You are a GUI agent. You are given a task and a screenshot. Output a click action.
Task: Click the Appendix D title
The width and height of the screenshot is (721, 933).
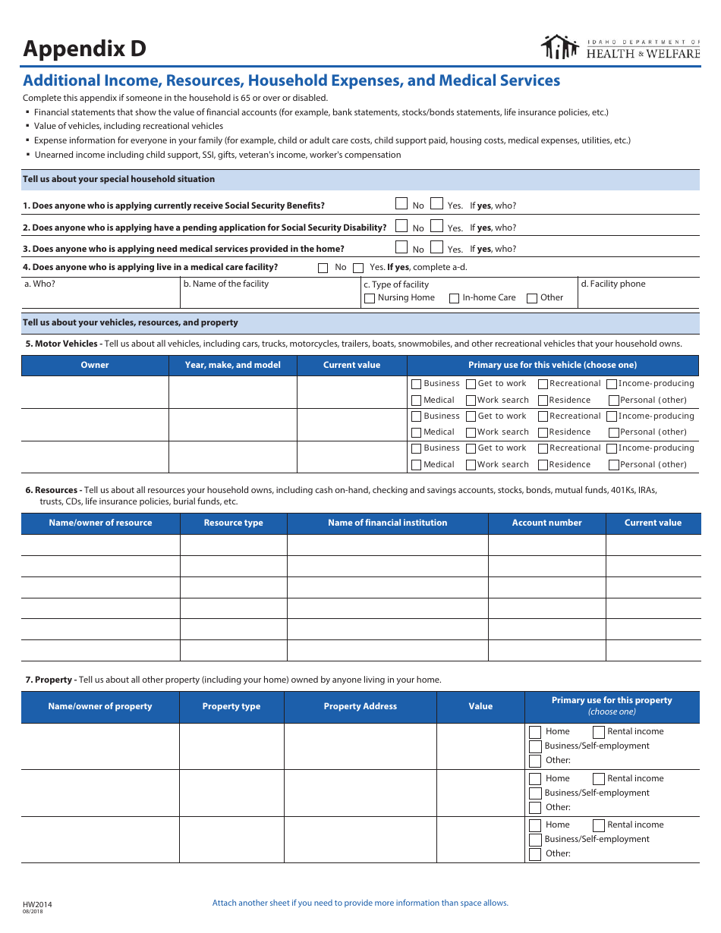point(84,49)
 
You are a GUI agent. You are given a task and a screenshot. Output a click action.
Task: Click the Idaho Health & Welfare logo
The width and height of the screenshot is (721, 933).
point(620,48)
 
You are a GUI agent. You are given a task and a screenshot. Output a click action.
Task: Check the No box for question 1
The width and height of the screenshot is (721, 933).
point(401,203)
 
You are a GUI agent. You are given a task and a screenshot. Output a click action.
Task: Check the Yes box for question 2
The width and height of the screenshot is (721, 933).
point(436,225)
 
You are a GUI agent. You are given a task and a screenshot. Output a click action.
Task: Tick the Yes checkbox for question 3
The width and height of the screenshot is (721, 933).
point(436,247)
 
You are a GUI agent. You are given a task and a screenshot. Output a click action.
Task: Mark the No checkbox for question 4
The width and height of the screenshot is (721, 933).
point(323,268)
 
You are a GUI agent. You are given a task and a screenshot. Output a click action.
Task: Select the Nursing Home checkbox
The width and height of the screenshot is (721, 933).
point(370,298)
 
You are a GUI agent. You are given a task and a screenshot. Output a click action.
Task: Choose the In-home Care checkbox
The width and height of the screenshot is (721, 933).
point(455,298)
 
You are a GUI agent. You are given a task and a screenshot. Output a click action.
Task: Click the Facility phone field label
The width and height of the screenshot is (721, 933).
point(612,284)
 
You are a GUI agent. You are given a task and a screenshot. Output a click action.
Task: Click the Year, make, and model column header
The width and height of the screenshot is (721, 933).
point(232,365)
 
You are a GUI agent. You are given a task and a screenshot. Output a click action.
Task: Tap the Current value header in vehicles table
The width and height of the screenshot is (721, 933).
point(351,365)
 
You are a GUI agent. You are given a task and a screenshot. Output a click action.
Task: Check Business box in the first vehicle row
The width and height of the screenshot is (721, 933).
point(416,384)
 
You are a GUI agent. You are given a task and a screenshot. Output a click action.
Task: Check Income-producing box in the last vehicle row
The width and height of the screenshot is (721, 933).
point(612,448)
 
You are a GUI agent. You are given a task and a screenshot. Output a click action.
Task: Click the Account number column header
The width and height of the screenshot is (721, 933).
point(546,523)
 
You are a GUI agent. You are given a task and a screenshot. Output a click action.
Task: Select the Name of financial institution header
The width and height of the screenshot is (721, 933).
point(387,523)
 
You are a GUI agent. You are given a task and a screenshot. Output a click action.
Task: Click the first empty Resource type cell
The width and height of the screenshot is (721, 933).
point(233,545)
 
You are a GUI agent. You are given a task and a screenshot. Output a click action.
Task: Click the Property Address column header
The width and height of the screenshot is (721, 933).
point(360,706)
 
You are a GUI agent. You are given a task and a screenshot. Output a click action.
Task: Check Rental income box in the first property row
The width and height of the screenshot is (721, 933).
point(599,732)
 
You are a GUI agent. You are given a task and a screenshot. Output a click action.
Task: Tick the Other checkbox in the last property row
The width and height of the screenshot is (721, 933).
point(535,854)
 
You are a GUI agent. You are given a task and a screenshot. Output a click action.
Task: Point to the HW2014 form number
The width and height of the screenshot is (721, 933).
point(37,904)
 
